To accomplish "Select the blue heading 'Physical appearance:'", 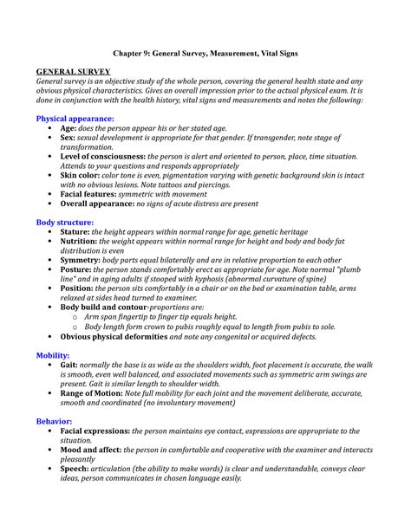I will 75,116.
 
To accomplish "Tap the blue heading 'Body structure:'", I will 64,223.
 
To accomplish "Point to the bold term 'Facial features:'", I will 93,194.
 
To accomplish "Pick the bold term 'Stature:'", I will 78,233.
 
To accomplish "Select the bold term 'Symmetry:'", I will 84,261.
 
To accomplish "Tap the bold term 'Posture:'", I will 80,270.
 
